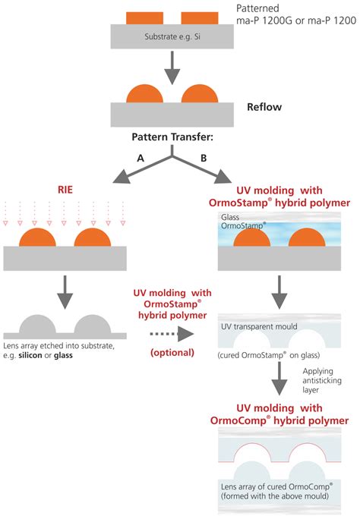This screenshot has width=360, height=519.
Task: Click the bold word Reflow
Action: (264, 107)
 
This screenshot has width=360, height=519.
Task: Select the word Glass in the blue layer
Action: (231, 217)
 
